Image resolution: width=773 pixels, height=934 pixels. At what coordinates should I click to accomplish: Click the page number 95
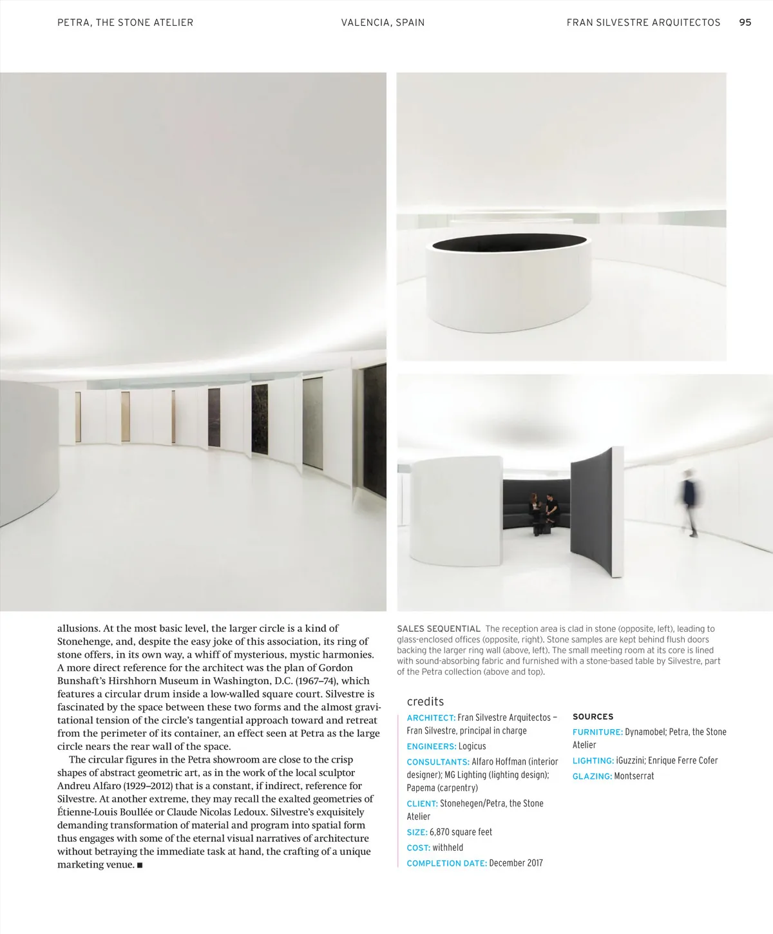745,23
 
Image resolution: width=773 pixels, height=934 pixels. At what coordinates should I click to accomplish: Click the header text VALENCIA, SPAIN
383,23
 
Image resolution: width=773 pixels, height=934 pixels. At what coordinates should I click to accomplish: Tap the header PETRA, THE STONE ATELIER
125,23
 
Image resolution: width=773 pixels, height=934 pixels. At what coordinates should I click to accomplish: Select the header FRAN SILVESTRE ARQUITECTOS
643,23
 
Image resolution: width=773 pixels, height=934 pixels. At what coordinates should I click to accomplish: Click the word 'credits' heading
425,701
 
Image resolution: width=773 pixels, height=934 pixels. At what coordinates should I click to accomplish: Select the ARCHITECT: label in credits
431,718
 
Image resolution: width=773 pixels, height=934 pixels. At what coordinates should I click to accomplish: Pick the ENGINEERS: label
431,746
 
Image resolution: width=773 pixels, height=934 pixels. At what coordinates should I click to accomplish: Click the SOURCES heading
593,716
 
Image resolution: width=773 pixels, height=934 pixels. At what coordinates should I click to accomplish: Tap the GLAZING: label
592,776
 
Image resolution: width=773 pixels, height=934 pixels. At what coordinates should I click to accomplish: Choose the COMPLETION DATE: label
446,863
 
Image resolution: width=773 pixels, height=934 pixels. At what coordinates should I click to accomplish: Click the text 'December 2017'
516,863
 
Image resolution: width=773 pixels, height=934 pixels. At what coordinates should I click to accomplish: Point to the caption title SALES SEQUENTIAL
438,629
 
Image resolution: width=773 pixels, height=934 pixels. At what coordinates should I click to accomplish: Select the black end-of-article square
139,865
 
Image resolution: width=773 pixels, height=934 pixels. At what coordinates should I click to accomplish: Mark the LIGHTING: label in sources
593,761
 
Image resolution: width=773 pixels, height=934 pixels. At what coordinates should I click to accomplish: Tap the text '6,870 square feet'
461,832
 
